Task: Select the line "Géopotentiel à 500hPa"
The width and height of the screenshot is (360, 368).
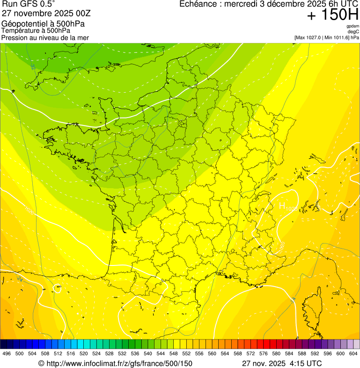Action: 43,24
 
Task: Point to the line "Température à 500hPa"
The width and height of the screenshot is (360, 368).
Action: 39,31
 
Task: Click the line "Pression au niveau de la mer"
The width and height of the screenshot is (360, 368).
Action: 45,37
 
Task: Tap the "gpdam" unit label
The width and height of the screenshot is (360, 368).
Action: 353,26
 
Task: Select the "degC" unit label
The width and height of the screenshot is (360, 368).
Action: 353,32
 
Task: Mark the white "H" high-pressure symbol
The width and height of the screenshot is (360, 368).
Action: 282,205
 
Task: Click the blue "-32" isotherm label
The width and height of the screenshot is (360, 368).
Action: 33,66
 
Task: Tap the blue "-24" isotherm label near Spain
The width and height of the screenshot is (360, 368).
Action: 20,279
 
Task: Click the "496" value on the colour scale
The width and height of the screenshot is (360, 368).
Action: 7,353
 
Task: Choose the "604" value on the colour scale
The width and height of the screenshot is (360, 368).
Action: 353,353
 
